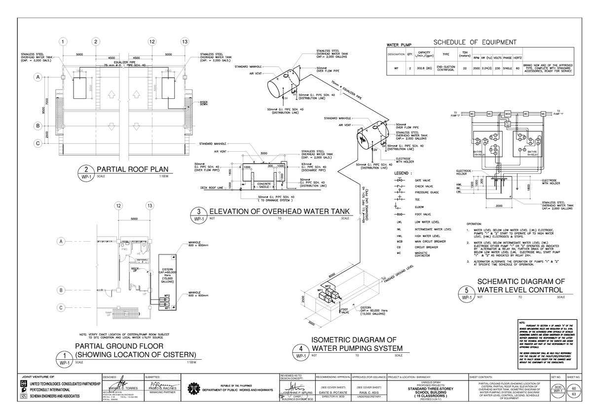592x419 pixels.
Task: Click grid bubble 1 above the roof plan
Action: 63,41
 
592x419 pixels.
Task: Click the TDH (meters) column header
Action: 464,54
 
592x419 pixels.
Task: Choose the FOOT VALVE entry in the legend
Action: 423,215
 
